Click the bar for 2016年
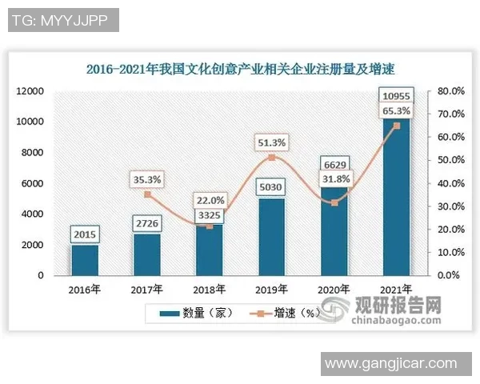[x=84, y=261]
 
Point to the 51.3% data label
[x=271, y=142]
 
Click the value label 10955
[x=396, y=98]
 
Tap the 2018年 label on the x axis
[x=209, y=289]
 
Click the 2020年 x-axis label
[x=334, y=289]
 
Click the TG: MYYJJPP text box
[x=62, y=20]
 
